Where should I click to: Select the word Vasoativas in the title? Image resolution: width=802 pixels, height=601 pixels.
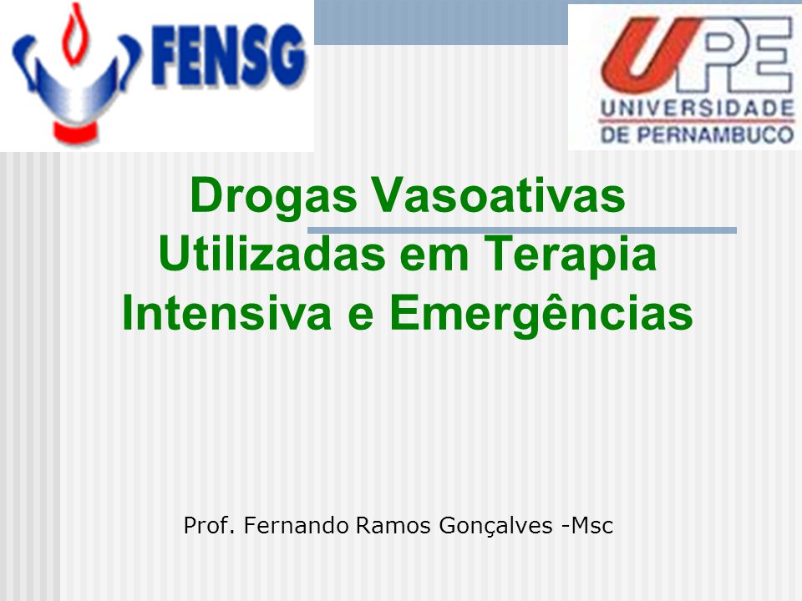point(498,194)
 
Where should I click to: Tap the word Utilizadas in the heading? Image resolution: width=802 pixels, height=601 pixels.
point(272,254)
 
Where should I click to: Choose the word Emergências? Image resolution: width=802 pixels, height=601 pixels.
point(541,314)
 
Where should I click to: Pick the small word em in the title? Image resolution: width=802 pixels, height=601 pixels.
point(434,259)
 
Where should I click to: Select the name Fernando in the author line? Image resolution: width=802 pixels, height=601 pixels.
point(296,525)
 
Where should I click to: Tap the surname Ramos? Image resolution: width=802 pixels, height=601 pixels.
point(393,525)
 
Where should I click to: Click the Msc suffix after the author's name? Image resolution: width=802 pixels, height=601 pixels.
point(591,525)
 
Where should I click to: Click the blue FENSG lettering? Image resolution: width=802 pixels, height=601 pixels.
point(229,55)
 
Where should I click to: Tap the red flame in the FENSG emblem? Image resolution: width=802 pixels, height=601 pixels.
point(74,35)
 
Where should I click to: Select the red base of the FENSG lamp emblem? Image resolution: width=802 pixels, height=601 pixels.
point(76,133)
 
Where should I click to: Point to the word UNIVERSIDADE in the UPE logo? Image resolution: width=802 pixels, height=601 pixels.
point(698,109)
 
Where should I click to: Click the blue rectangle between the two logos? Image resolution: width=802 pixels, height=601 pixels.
point(441,23)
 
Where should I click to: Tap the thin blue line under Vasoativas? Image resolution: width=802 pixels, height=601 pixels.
point(521,230)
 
